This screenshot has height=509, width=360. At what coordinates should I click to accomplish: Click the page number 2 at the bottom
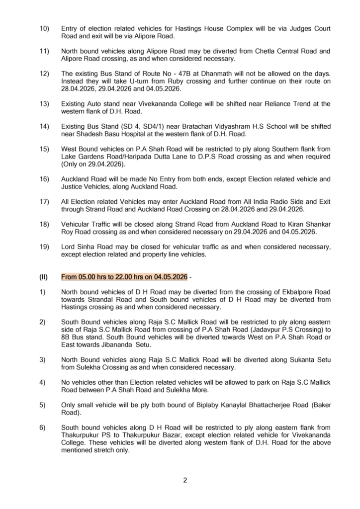184,480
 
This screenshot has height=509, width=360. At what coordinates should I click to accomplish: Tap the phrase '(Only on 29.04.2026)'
92,163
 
